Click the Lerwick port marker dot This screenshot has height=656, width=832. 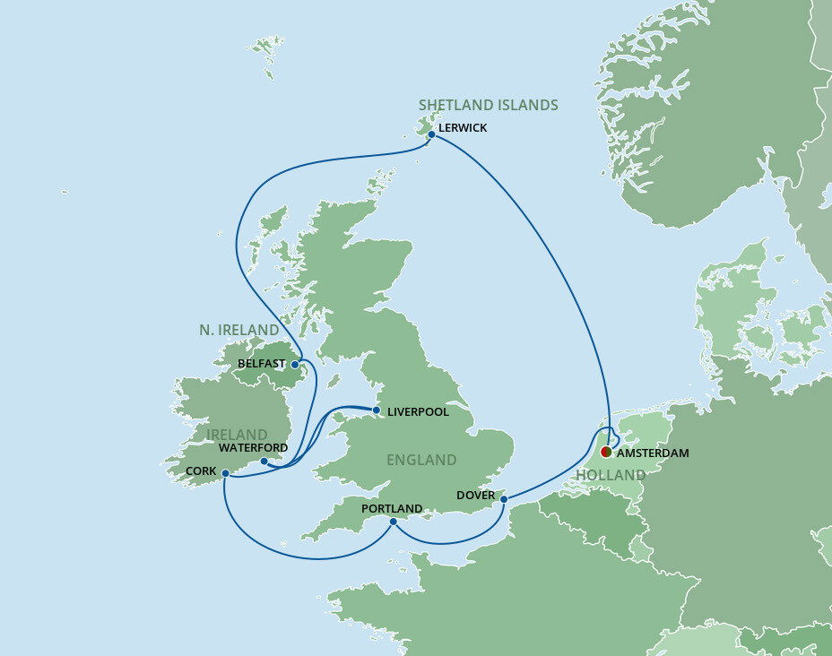(431, 134)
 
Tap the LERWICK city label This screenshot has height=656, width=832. (463, 128)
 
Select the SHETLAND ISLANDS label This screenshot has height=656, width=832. (489, 106)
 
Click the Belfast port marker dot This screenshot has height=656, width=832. (295, 365)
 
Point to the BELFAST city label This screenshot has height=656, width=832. (262, 364)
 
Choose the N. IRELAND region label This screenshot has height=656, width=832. (238, 331)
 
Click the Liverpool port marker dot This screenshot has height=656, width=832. (377, 410)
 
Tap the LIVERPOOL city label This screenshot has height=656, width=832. (418, 412)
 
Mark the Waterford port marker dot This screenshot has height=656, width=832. (264, 462)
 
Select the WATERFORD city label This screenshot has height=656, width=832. (253, 447)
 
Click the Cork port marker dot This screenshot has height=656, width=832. (226, 473)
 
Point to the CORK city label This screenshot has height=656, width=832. (201, 470)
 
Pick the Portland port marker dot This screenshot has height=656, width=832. (394, 521)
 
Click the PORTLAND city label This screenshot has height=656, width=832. (391, 508)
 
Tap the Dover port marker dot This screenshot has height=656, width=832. (504, 498)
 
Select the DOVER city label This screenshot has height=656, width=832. (475, 495)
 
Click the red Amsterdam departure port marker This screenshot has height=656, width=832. (607, 452)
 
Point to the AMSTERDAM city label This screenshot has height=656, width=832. (653, 453)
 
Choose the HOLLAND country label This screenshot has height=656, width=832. (611, 475)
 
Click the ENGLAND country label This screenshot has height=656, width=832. (421, 460)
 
